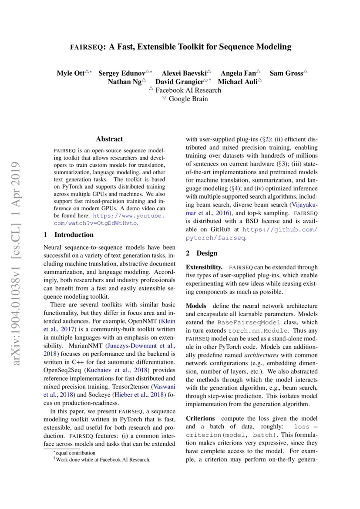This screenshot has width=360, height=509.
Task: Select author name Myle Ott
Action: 71,73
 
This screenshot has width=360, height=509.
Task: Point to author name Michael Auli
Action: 237,81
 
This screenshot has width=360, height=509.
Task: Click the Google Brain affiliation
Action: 188,98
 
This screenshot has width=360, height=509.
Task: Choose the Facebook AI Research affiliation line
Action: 188,90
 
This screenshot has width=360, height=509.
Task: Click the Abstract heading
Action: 109,139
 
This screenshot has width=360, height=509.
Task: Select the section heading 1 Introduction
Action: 69,235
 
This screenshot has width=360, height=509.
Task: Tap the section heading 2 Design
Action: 202,253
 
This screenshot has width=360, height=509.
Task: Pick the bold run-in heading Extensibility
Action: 204,267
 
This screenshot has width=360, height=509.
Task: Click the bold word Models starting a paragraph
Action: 197,306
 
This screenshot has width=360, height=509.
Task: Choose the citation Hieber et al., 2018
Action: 137,394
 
